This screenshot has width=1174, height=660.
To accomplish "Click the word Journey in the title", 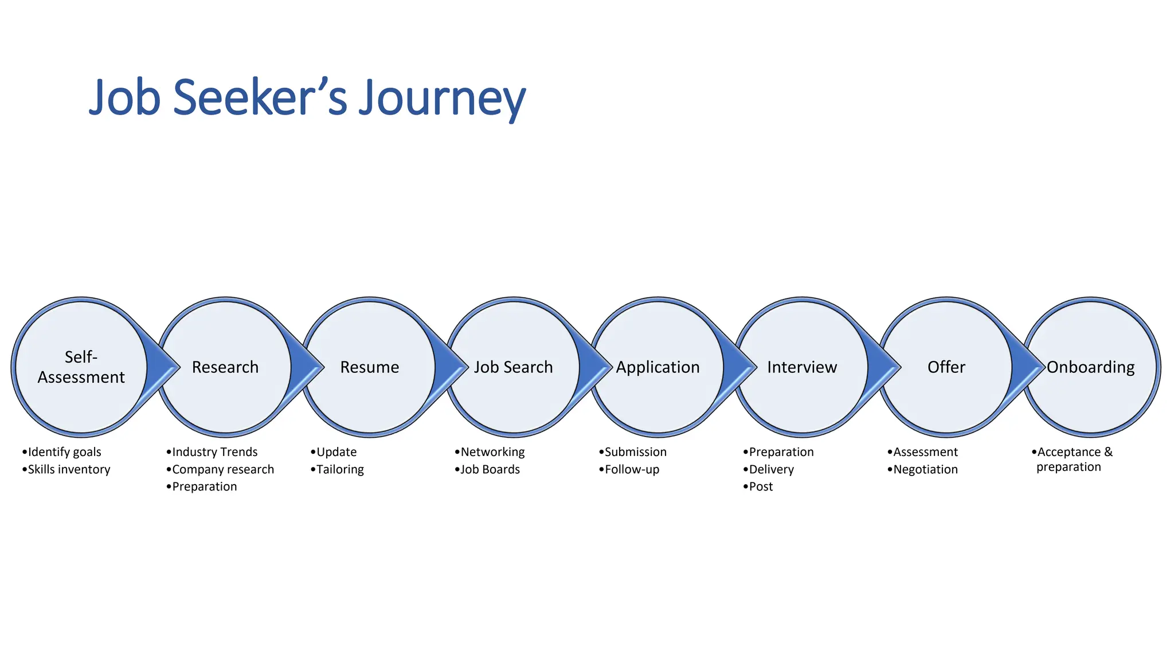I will pyautogui.click(x=441, y=99).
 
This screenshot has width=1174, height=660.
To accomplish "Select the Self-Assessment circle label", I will pyautogui.click(x=81, y=367).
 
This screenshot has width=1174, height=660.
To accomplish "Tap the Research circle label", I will pyautogui.click(x=225, y=367).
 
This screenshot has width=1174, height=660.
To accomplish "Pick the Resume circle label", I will pyautogui.click(x=369, y=367).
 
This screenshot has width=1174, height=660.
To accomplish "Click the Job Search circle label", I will pyautogui.click(x=513, y=367).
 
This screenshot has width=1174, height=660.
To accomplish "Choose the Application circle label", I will pyautogui.click(x=658, y=367).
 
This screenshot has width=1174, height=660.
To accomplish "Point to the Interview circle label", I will pyautogui.click(x=802, y=367).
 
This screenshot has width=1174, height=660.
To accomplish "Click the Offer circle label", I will pyautogui.click(x=946, y=367).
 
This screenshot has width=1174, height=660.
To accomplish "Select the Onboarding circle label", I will pyautogui.click(x=1090, y=367).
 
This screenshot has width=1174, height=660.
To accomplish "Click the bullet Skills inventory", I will pyautogui.click(x=69, y=469).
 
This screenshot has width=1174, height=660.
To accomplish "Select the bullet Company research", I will pyautogui.click(x=223, y=469).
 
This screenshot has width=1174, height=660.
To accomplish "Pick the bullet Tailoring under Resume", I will pyautogui.click(x=340, y=469).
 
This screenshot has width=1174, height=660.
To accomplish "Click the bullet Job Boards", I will pyautogui.click(x=490, y=469).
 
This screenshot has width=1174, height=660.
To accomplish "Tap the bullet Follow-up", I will pyautogui.click(x=632, y=469).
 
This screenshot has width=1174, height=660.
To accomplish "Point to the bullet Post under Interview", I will pyautogui.click(x=761, y=486).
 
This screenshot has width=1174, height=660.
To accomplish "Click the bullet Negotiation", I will pyautogui.click(x=925, y=469).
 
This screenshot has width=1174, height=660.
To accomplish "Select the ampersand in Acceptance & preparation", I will pyautogui.click(x=1108, y=451).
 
